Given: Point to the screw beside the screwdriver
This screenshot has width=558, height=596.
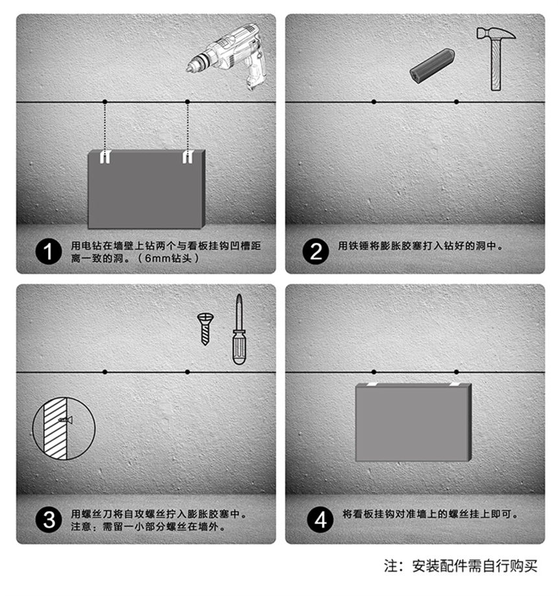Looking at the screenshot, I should [x=206, y=328].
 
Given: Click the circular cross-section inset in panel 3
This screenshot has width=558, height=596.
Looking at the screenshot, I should [x=64, y=428].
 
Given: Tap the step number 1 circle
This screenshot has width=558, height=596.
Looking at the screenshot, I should [x=48, y=251].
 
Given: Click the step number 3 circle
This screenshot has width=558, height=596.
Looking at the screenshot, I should [x=48, y=520].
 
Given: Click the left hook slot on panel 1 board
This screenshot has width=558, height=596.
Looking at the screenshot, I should [x=105, y=156].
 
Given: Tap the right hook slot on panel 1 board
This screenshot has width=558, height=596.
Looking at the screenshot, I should [x=188, y=156].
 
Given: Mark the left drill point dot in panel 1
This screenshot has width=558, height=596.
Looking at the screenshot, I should [x=105, y=102].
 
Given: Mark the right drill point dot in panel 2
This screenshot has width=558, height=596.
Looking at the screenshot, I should [x=456, y=102].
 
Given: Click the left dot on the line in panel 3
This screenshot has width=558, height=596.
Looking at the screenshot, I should [x=105, y=372].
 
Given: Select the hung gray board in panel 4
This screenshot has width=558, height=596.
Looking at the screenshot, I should [x=413, y=422].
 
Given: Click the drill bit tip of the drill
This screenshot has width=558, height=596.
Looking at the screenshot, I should [x=189, y=67].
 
